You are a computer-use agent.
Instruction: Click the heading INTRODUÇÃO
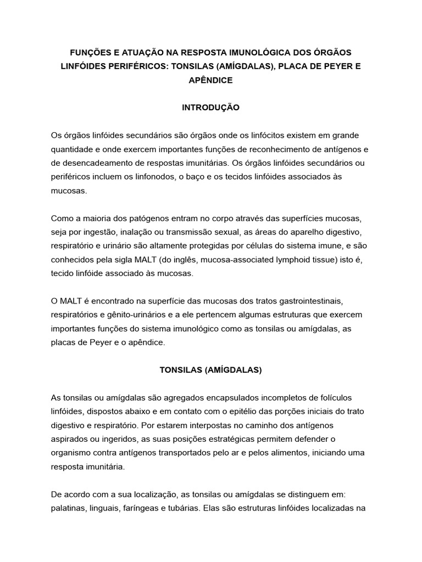[x=210, y=108]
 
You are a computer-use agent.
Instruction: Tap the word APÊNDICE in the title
[x=210, y=80]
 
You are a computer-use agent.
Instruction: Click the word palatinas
[x=68, y=508]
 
